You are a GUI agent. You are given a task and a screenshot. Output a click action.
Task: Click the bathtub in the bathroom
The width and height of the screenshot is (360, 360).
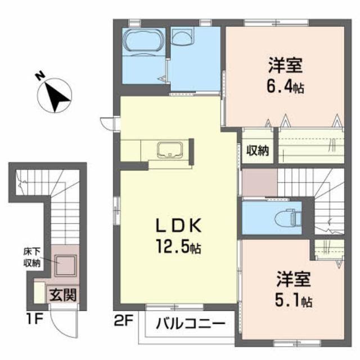(144, 42)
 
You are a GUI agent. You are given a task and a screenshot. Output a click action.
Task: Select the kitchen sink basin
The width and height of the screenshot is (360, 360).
(170, 150)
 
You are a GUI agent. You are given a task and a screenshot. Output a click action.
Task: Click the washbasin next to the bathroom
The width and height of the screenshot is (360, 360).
(183, 36)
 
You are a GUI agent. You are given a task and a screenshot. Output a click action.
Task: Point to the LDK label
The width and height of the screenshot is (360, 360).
(179, 226)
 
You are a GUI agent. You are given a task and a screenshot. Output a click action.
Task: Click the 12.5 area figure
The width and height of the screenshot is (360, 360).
(178, 246)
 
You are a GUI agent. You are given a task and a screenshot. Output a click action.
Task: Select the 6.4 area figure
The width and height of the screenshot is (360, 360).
(285, 87)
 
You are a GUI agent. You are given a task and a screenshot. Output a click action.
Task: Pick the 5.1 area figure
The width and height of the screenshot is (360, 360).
(294, 300)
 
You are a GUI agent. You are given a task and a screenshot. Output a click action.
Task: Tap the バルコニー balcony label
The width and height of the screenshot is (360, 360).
(190, 324)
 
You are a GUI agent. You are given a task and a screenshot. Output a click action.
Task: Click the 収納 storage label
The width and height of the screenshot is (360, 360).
(258, 150)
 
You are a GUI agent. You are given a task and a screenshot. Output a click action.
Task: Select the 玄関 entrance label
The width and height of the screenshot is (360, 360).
(63, 295)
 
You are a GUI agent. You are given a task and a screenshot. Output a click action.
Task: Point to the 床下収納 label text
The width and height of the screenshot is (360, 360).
(32, 258)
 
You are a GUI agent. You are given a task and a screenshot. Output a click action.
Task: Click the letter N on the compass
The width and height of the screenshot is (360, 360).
(40, 75)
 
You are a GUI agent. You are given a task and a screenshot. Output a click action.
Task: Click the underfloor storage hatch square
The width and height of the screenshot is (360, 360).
(65, 265)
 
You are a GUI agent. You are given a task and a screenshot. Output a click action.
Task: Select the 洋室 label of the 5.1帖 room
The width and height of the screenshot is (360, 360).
(294, 278)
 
